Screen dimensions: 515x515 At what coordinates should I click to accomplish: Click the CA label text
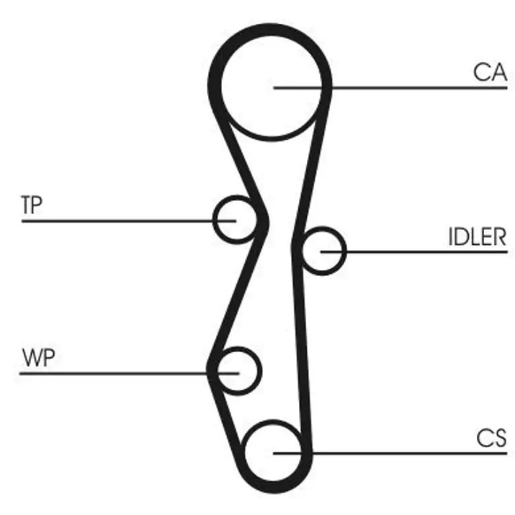click(491, 72)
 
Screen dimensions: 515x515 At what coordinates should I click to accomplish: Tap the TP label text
click(32, 205)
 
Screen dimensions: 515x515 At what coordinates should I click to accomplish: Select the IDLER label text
click(478, 236)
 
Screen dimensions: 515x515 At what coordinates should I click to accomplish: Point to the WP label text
click(38, 357)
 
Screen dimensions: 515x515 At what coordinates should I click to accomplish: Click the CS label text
click(492, 438)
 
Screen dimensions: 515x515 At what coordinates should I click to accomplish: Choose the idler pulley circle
click(344, 251)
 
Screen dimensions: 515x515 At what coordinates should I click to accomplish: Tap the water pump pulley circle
click(259, 371)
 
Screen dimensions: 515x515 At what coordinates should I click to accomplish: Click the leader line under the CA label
click(390, 88)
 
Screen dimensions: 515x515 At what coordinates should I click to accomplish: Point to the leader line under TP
click(129, 221)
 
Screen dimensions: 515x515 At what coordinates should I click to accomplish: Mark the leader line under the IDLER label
click(414, 252)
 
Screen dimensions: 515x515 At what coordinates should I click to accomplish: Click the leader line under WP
click(129, 373)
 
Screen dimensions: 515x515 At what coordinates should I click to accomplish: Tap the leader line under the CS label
click(390, 453)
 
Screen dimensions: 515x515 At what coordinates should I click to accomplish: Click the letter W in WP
click(32, 357)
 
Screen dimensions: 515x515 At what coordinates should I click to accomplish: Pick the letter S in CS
click(500, 438)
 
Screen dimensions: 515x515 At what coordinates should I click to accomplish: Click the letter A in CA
click(499, 72)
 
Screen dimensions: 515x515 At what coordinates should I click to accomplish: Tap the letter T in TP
click(26, 205)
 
